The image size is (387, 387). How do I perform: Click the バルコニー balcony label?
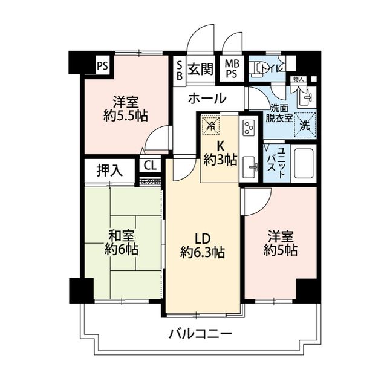click(200, 334)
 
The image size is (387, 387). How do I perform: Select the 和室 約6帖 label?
click(121, 242)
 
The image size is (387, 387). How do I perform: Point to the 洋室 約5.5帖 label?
click(126, 108)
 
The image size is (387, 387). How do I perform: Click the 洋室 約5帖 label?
click(280, 243)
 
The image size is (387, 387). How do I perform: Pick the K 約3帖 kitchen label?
click(220, 152)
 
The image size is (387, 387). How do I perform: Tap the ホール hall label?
click(207, 98)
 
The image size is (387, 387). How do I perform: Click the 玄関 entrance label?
click(200, 68)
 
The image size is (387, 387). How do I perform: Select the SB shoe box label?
click(180, 68)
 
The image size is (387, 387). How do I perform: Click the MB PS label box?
click(232, 68)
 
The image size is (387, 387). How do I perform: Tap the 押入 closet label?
click(109, 171)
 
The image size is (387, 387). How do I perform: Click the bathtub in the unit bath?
click(304, 161)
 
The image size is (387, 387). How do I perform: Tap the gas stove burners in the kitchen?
click(248, 128)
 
